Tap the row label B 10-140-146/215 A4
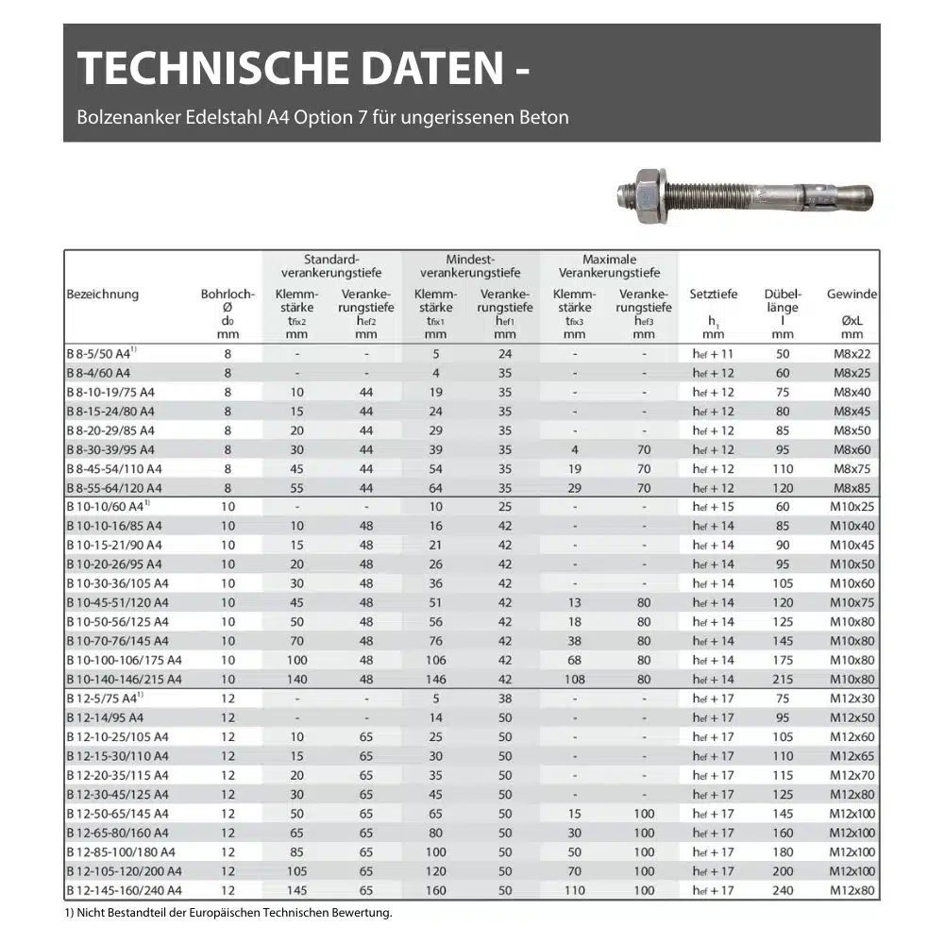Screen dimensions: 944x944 tap(124, 679)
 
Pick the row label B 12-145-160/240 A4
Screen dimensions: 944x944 tap(124, 889)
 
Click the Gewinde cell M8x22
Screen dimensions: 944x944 tap(851, 354)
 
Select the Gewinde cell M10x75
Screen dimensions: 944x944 tap(851, 602)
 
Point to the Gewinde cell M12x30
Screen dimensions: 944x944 tap(851, 699)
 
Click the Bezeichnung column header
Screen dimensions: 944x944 tap(103, 295)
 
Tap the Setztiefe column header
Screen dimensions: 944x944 tap(714, 295)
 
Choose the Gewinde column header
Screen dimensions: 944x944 tap(851, 295)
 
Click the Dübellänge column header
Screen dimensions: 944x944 tap(783, 300)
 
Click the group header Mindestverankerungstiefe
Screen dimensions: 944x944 tap(470, 266)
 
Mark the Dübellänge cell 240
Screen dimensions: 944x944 tap(783, 889)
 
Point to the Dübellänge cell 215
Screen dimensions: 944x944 tap(783, 679)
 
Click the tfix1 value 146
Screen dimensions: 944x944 tap(435, 679)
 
